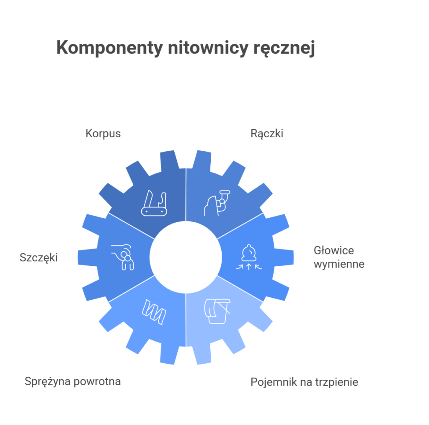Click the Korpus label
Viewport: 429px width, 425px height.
coord(103,134)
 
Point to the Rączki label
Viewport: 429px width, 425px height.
coord(267,134)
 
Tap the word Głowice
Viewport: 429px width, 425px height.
coord(334,250)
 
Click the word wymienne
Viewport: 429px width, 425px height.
coord(339,264)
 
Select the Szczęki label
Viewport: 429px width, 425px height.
coord(39,258)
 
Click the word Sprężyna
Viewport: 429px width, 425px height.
coord(47,381)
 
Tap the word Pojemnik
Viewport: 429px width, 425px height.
coord(269,382)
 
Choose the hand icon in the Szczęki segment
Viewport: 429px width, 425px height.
coord(123,257)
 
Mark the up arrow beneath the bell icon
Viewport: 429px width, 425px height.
coord(249,267)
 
